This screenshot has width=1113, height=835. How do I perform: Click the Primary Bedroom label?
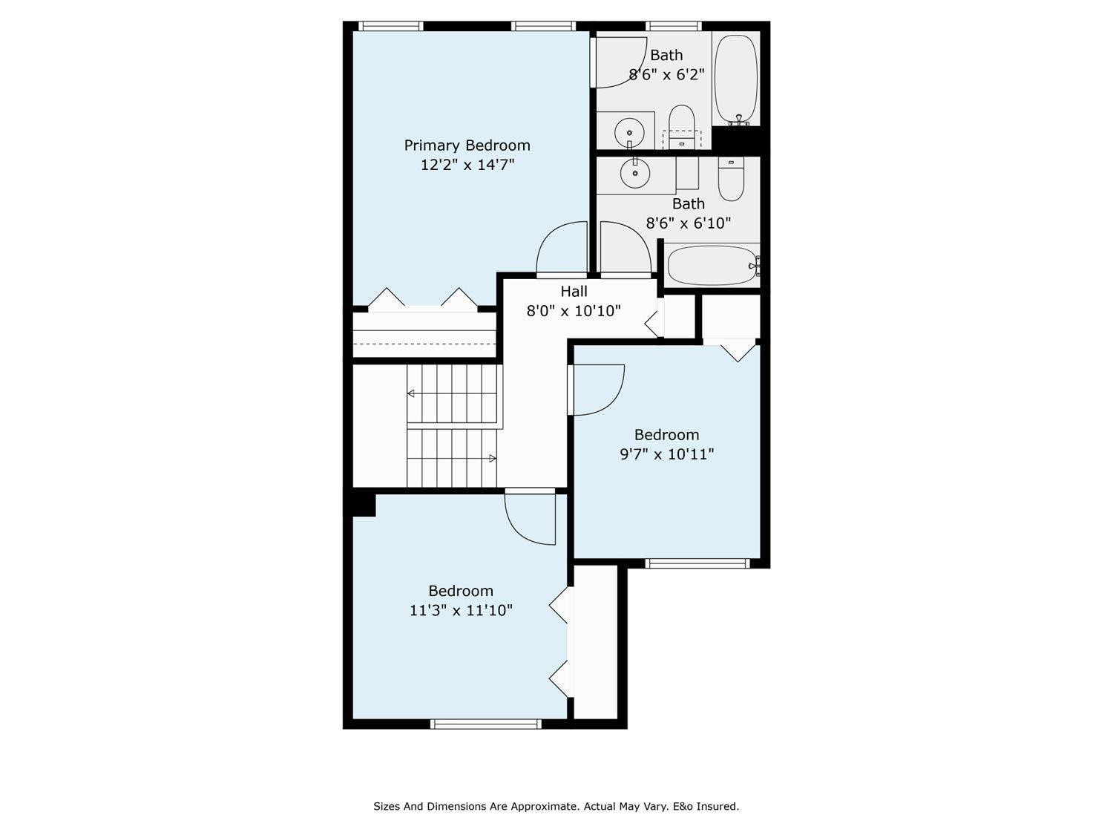click(467, 145)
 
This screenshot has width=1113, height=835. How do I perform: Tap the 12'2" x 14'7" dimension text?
click(467, 165)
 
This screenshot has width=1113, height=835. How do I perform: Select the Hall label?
click(574, 292)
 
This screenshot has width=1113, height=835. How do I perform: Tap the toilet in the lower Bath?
click(731, 180)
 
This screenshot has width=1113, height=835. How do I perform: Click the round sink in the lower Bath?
click(635, 174)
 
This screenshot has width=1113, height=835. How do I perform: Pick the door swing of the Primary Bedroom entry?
click(562, 249)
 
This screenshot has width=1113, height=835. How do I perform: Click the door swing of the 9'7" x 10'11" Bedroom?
click(598, 390)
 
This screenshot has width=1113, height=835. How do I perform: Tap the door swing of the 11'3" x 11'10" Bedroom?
click(530, 518)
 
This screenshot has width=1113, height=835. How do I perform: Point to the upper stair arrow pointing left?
click(410, 393)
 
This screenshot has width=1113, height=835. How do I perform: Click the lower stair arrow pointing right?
click(493, 459)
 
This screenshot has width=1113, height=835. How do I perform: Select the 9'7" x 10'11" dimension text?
click(666, 454)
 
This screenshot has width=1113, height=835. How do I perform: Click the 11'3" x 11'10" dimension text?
click(461, 611)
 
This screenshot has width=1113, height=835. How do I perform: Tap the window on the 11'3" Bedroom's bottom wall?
click(486, 724)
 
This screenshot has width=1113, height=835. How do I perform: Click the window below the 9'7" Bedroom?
click(697, 563)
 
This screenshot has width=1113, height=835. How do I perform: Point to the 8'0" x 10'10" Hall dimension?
click(574, 311)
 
